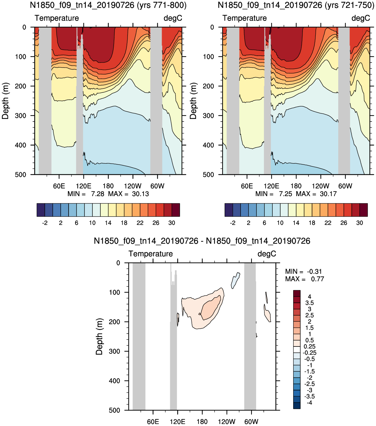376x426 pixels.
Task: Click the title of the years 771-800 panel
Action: point(108,5)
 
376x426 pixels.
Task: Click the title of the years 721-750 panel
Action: point(296,5)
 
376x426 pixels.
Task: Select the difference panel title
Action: point(202,241)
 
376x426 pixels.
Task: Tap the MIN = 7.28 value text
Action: point(86,194)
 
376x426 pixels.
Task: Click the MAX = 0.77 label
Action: point(304,279)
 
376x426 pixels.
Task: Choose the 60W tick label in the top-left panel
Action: point(157,186)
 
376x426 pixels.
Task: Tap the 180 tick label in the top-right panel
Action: point(296,186)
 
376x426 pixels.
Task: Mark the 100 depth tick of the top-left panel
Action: point(21,57)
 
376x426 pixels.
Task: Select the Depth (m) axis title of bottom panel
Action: point(99,337)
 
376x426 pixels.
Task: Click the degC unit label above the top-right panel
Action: point(361,18)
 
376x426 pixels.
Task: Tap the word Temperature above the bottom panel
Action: point(151,254)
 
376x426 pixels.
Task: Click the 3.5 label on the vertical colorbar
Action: point(309,303)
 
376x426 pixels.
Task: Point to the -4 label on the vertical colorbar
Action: point(309,403)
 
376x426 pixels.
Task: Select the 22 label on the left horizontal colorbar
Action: point(140,223)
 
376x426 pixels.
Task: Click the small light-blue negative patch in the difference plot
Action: point(235,281)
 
